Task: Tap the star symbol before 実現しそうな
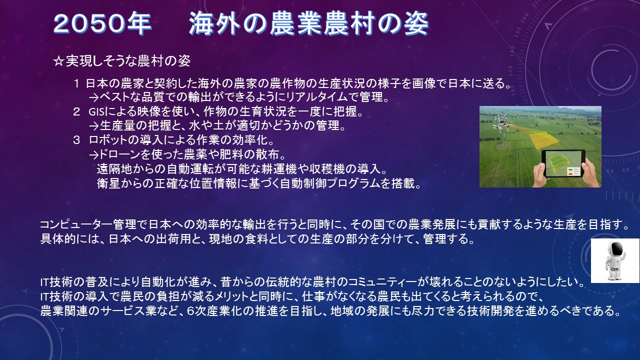(58, 61)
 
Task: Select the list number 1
(76, 84)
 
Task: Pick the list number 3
(76, 140)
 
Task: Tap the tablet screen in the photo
(563, 163)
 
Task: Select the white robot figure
(615, 260)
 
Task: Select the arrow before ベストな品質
(93, 98)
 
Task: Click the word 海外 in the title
(214, 24)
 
